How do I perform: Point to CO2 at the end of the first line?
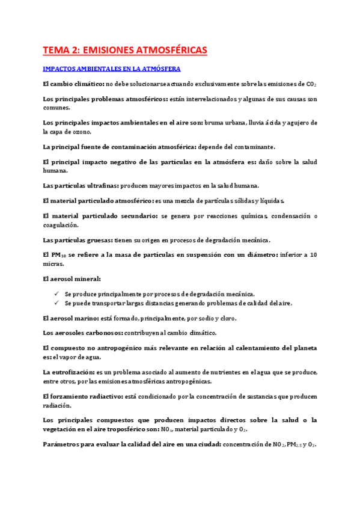(311, 85)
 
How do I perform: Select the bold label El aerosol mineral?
(72, 279)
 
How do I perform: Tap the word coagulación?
(61, 225)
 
